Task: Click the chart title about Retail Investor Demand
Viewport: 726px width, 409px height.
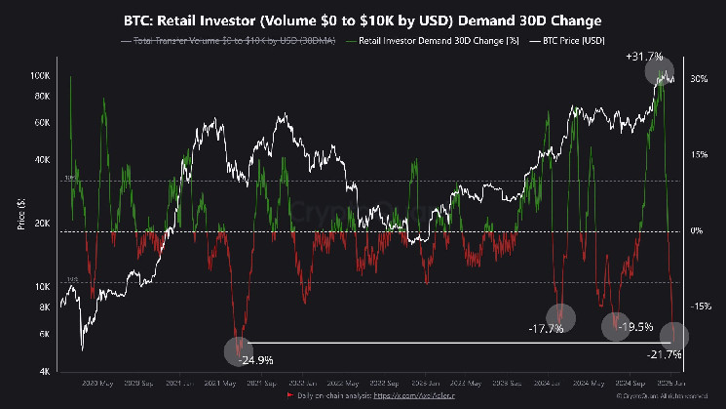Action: (x=362, y=20)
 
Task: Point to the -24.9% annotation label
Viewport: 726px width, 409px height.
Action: (x=256, y=360)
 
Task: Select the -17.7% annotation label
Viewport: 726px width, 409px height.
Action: (x=544, y=328)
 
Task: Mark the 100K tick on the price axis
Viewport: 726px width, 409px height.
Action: (x=41, y=75)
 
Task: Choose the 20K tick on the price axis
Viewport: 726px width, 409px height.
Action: (x=43, y=224)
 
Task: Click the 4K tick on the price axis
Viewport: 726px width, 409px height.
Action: (x=45, y=372)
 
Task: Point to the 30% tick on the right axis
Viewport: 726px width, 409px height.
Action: (x=698, y=78)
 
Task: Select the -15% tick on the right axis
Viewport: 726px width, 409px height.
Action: (x=700, y=307)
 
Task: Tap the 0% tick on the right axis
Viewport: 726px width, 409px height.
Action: (x=696, y=230)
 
